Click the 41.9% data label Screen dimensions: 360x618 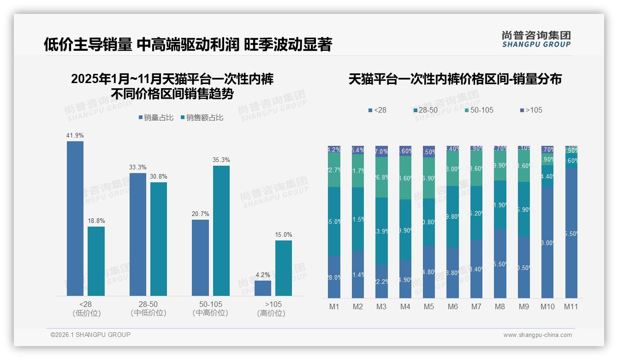point(75,135)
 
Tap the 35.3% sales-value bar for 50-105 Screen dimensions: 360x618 point(221,230)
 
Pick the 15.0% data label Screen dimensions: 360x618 point(284,234)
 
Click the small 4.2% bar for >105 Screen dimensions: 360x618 point(263,288)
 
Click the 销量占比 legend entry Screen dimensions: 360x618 point(156,118)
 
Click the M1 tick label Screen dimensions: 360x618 point(334,306)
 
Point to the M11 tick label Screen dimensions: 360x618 point(571,306)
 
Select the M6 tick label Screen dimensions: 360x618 point(452,306)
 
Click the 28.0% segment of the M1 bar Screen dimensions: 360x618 point(334,277)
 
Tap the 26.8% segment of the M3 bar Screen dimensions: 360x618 point(381,177)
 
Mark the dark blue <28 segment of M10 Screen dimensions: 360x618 point(547,242)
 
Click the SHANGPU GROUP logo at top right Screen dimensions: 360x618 point(536,39)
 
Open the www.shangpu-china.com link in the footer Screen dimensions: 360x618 point(537,335)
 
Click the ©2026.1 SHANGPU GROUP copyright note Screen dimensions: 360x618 point(90,335)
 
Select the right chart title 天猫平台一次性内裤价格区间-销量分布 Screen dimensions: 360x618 point(455,79)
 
